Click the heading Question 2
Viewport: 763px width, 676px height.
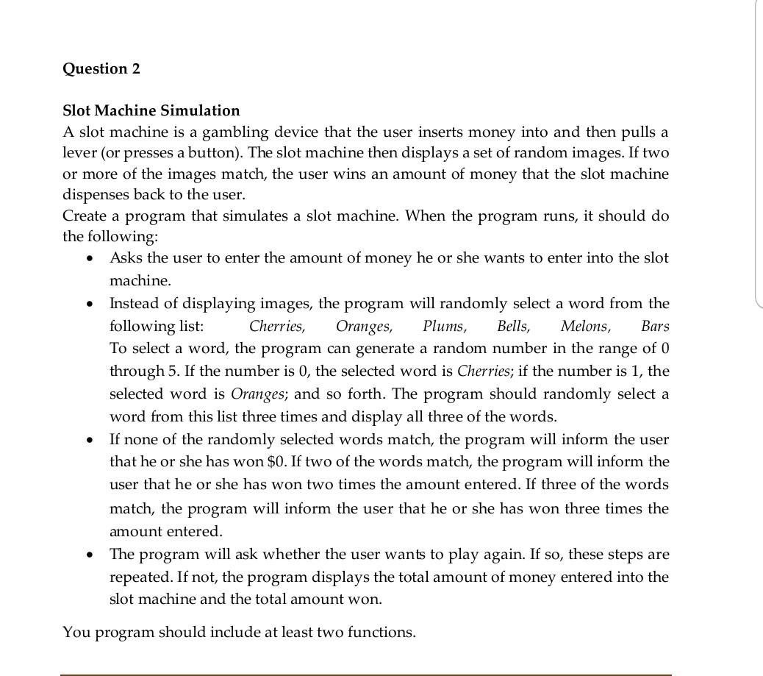click(x=101, y=68)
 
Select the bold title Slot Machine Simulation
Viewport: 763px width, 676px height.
click(x=151, y=110)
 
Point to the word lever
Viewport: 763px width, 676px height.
click(x=79, y=153)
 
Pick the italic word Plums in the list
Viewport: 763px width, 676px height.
click(x=444, y=326)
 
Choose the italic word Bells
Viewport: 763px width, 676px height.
click(x=513, y=326)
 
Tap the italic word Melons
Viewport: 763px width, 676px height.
click(x=585, y=326)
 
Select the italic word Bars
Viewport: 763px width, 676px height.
click(x=654, y=326)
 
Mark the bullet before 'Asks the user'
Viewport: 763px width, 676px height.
click(x=89, y=259)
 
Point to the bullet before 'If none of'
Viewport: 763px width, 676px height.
click(x=89, y=441)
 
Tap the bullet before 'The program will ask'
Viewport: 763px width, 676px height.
click(x=89, y=555)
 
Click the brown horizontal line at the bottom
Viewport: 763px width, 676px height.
click(x=365, y=675)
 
